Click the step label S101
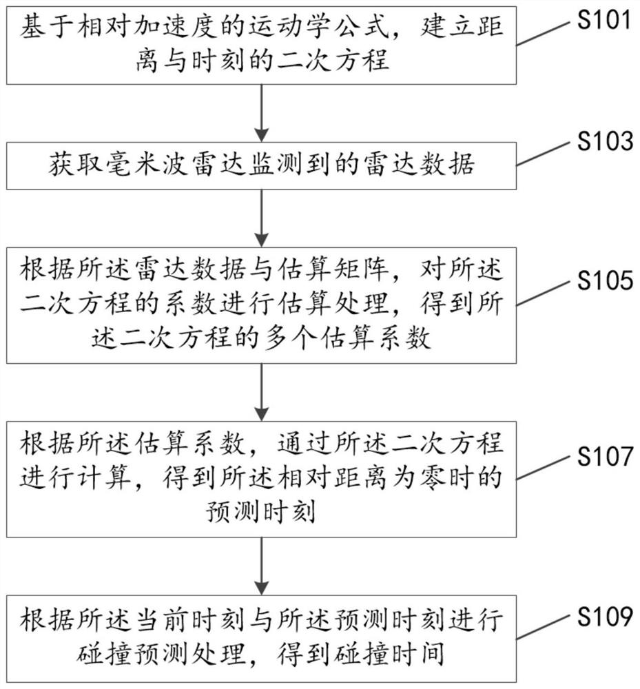(x=604, y=20)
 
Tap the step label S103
(x=605, y=141)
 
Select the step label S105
(x=605, y=280)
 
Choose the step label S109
(x=605, y=616)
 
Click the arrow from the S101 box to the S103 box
(x=262, y=113)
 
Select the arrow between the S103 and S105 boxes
(x=262, y=218)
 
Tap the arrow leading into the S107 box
(x=262, y=392)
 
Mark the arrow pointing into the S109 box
(x=262, y=566)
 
